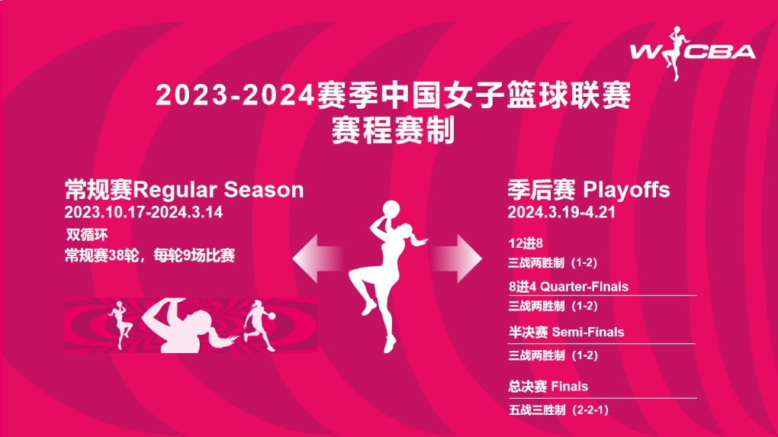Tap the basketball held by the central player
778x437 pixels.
[391, 208]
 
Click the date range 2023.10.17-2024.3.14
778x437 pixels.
[143, 212]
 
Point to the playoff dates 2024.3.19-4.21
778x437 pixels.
[561, 212]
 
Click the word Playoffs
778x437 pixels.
[627, 190]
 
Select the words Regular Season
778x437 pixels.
[219, 190]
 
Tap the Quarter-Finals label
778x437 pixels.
[584, 287]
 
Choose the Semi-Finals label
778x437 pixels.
[588, 332]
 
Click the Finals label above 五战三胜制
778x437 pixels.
[569, 387]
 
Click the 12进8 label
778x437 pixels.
[526, 243]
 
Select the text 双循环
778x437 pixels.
[87, 235]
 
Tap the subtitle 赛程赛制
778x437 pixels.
[393, 130]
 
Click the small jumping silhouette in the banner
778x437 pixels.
[121, 324]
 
